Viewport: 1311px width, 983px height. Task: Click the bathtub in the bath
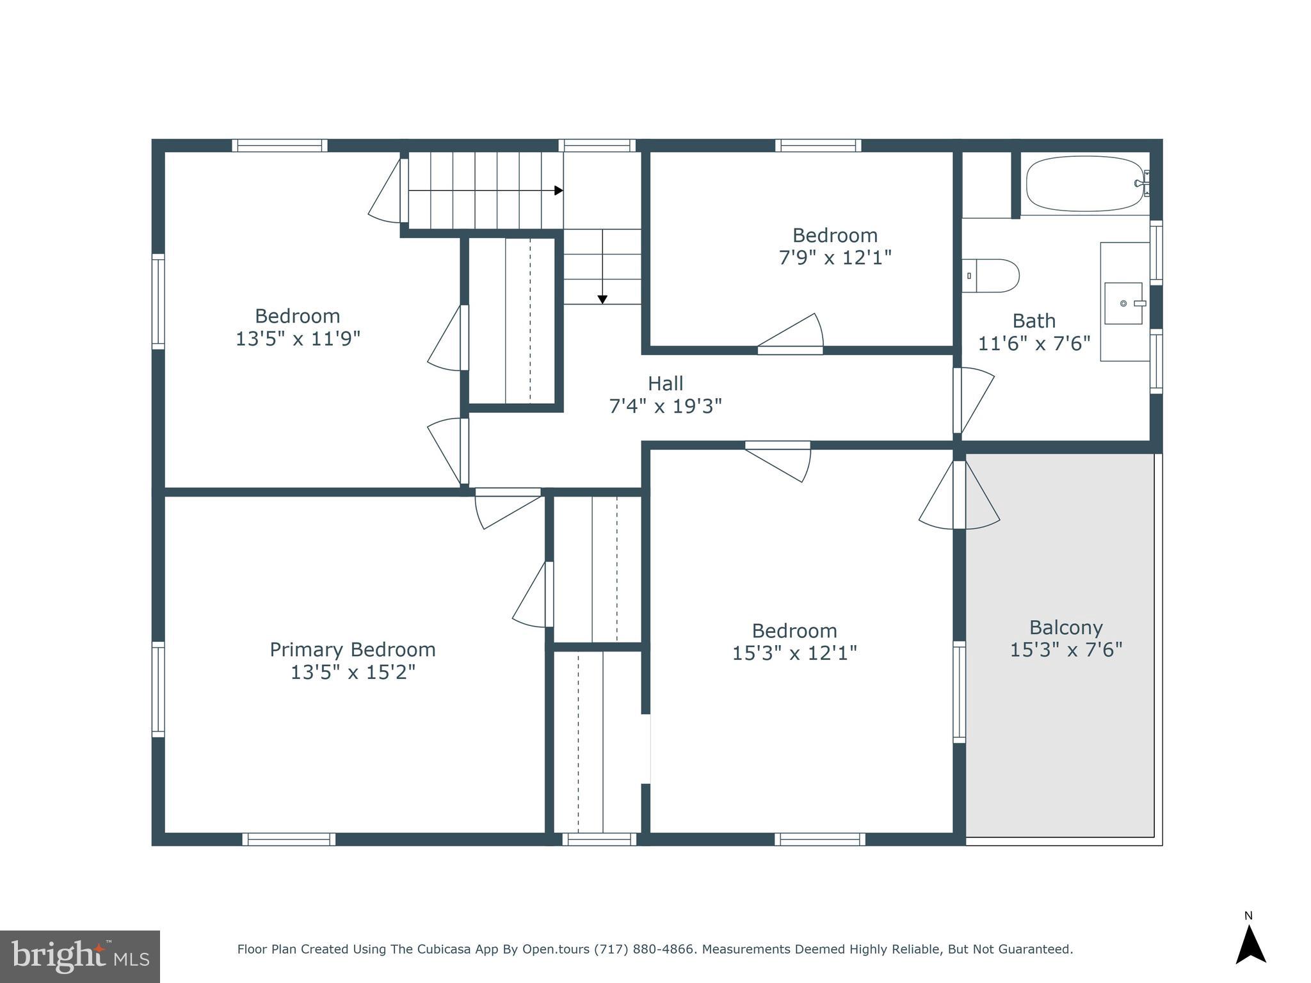tap(1084, 184)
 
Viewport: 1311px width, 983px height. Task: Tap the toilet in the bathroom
tap(991, 276)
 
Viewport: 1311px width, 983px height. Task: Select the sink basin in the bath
tap(1123, 303)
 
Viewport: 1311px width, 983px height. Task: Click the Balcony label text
tap(1066, 627)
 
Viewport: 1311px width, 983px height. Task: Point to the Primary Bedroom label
tap(352, 650)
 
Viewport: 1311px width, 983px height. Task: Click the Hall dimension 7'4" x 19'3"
tap(665, 406)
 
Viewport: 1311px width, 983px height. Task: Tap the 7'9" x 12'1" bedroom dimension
tap(835, 257)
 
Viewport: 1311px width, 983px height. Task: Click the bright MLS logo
tap(79, 956)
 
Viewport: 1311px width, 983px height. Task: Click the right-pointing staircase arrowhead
tap(558, 191)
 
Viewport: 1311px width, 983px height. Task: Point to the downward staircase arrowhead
tap(602, 300)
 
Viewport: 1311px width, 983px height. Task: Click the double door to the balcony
tap(959, 496)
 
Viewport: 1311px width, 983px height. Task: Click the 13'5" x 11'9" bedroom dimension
tap(298, 339)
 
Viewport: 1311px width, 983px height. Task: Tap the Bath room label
tap(1034, 321)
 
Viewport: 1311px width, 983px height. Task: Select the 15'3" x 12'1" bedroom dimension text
tap(794, 653)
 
